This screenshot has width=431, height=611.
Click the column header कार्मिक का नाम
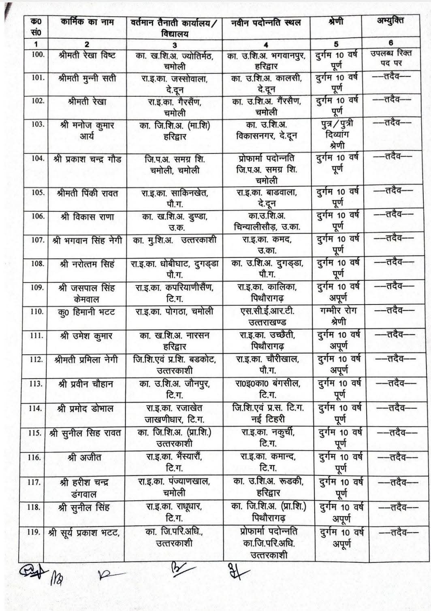coord(87,23)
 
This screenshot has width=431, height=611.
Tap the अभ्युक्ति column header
coord(390,21)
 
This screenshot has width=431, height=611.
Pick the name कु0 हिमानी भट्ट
coord(86,312)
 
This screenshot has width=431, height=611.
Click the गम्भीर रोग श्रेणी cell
coord(336,317)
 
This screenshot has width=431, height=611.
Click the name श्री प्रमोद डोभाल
coord(86,408)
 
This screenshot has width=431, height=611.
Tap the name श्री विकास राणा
coord(87,217)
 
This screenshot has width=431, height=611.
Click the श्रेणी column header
coord(336,21)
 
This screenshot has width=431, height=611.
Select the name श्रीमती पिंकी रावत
coord(87,193)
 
